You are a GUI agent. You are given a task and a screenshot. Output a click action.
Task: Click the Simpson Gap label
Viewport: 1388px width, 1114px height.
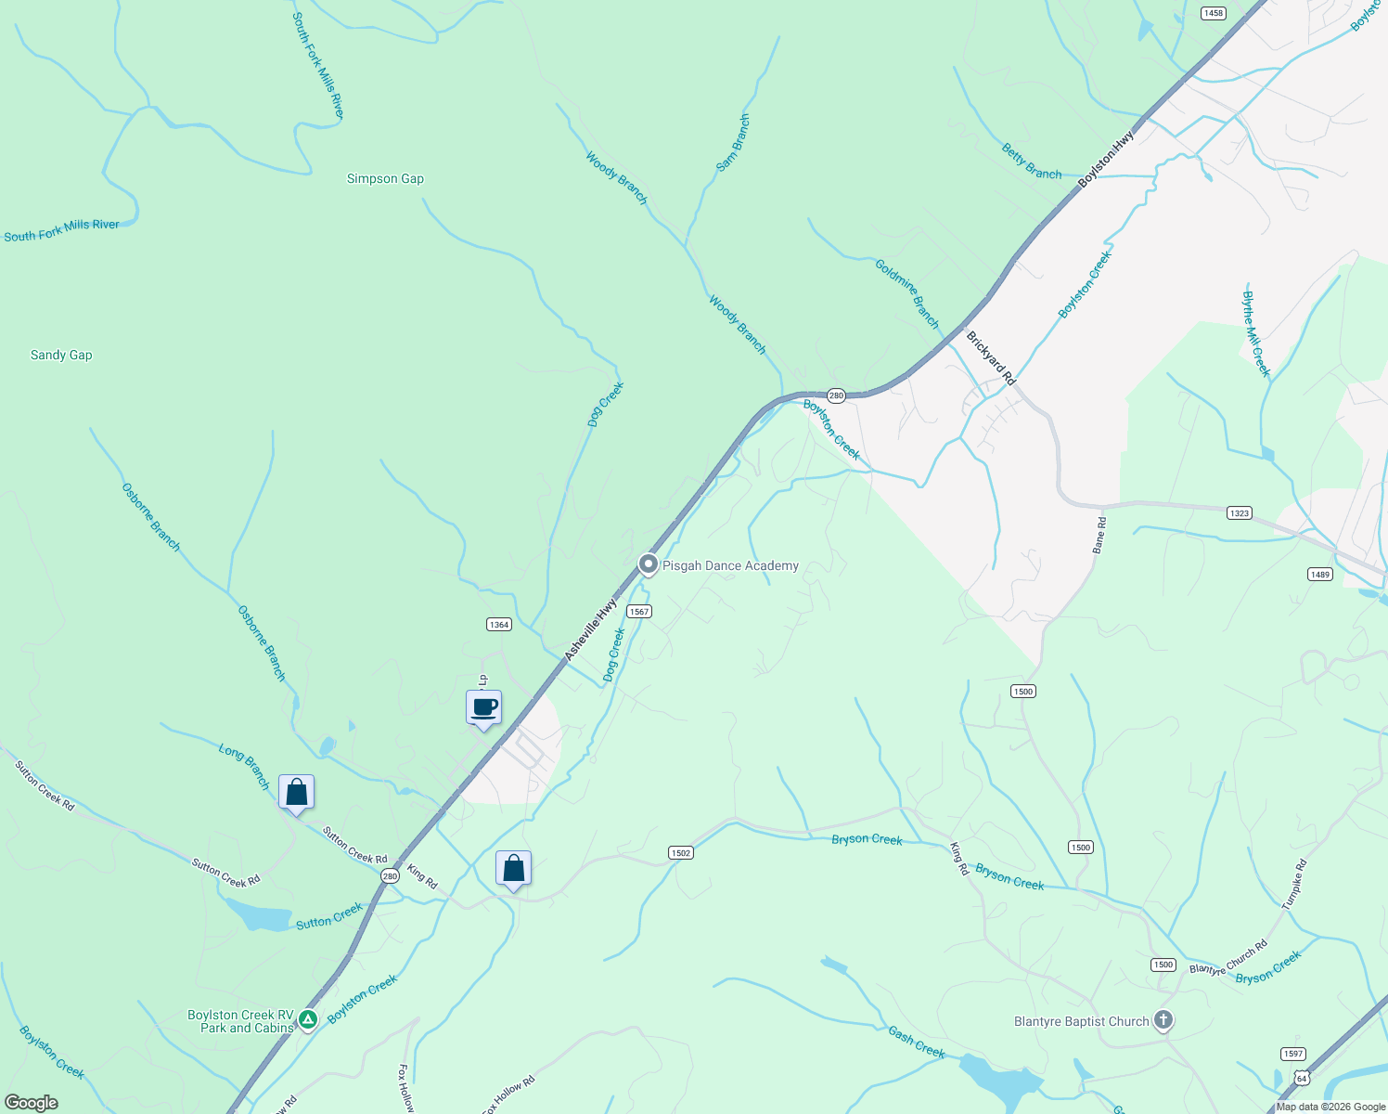pos(385,178)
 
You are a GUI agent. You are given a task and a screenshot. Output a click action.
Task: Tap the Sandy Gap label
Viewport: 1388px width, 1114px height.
pos(61,355)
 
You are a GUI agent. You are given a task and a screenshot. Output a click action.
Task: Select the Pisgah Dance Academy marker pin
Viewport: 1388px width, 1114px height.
pos(649,564)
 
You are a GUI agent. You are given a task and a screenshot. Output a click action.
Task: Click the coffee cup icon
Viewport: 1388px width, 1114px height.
pos(483,708)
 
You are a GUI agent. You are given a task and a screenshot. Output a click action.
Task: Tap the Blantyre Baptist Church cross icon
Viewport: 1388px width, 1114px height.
pos(1163,1020)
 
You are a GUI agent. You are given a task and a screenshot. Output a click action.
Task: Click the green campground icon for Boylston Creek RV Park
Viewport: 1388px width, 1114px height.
pos(308,1019)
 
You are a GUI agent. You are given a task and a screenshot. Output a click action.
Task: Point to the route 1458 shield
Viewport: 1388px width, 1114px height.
pos(1213,13)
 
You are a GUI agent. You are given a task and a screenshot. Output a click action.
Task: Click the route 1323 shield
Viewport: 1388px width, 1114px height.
pos(1239,512)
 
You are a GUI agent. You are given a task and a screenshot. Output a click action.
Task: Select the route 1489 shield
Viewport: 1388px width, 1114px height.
pos(1320,575)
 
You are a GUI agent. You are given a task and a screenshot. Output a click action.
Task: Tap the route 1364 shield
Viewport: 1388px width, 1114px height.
pos(499,624)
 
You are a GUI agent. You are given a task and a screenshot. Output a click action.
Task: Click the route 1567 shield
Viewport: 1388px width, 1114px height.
pos(639,611)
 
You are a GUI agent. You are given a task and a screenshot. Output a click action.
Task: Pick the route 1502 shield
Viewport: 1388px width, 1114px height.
pos(680,852)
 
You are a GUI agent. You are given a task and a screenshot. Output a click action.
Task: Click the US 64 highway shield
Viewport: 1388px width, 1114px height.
pos(1303,1078)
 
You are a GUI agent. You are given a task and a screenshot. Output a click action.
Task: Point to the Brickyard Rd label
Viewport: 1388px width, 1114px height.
pos(991,358)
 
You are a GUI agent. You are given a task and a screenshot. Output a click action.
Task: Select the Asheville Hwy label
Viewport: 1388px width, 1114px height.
pos(590,629)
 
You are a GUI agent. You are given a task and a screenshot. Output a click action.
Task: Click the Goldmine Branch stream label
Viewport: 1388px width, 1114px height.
pos(907,293)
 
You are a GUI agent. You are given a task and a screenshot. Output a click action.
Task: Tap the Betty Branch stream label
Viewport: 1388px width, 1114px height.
pos(1032,161)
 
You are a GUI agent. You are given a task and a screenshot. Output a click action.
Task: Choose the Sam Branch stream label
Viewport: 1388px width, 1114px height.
pos(733,143)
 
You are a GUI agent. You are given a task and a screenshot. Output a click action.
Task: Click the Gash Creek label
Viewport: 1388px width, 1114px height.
pos(917,1042)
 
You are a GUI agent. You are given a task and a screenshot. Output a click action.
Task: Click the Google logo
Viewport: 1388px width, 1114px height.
pos(32,1103)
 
